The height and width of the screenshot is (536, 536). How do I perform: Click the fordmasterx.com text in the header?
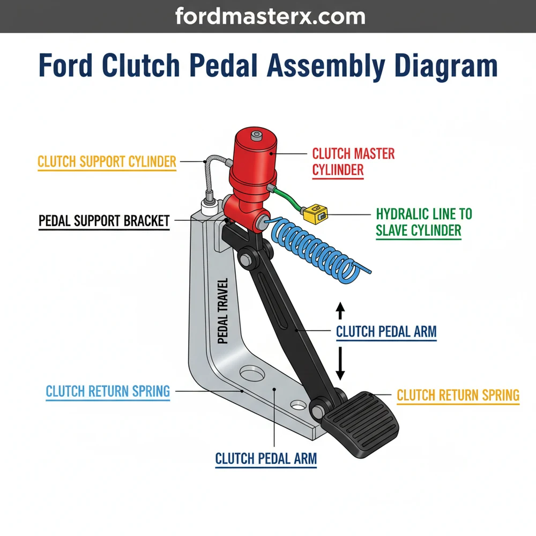270,16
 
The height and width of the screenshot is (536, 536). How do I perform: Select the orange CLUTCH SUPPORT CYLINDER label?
107,162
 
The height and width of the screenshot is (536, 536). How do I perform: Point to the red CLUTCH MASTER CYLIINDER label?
353,162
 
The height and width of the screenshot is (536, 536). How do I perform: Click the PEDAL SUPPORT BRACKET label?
104,221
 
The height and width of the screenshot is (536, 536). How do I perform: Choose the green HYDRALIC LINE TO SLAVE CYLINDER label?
423,222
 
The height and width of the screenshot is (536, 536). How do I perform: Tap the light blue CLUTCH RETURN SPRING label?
108,391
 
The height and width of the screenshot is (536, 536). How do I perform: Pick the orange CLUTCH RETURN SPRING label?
458,396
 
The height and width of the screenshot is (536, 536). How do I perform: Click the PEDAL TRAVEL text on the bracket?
224,311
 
